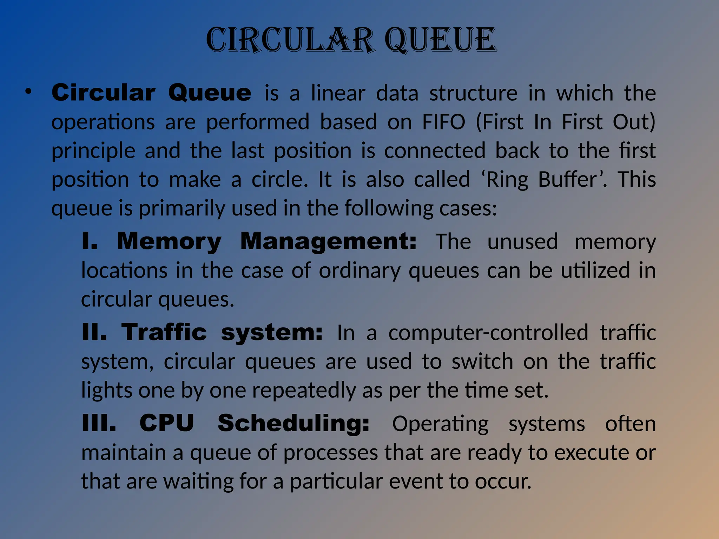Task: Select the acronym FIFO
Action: pos(444,122)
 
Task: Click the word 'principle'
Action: pos(93,151)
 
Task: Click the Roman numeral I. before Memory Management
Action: pos(89,241)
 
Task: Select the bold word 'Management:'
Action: pos(329,242)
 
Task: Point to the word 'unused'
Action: pos(522,242)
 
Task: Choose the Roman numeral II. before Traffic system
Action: pos(94,332)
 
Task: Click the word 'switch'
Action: pos(482,361)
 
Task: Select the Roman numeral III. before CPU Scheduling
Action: pos(99,423)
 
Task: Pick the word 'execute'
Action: pos(589,453)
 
